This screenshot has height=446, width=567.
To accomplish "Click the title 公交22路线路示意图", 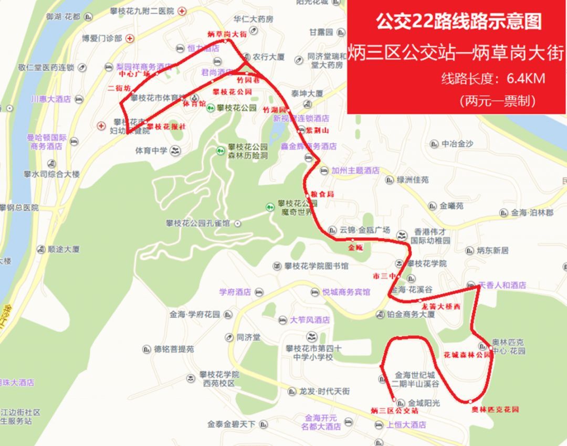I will coord(458,22).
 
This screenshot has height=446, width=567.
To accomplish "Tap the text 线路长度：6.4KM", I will coord(493,79).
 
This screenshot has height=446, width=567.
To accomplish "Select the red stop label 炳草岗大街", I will coord(227,34).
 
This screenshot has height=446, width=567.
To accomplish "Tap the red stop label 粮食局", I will coord(323,194).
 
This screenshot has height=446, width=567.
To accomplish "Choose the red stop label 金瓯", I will coord(355,246).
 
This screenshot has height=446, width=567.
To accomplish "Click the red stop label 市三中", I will coord(383,275).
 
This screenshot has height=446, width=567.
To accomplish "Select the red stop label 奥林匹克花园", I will coord(494,409).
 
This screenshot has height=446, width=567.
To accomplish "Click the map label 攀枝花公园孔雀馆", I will coord(197,223).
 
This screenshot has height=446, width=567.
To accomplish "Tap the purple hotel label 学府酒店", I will coord(235,292).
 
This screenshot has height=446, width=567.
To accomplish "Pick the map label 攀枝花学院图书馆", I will coord(316,266).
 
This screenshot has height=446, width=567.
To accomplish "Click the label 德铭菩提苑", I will coord(174,349).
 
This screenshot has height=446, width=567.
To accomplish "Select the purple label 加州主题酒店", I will coord(355,171).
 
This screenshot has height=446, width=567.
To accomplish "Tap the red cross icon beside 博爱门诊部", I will coord(130,38).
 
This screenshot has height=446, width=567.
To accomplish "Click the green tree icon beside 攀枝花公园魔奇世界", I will coord(270,207).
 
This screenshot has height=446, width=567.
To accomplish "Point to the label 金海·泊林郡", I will coord(532,213).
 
